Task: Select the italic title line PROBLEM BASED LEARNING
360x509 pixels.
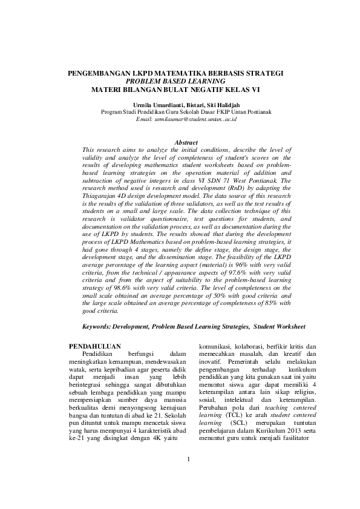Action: pyautogui.click(x=175, y=80)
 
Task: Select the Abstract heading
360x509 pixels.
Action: pyautogui.click(x=186, y=142)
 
